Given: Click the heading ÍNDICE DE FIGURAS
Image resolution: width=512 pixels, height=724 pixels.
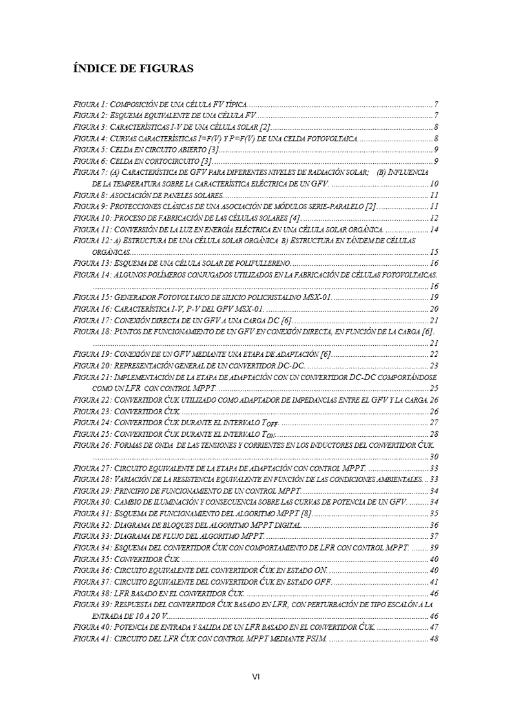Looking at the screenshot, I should [133, 68].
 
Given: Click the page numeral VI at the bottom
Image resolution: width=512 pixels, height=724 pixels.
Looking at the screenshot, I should [256, 676].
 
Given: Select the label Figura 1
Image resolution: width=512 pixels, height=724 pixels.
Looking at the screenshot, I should [89, 104].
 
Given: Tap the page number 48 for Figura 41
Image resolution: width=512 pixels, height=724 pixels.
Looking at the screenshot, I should [434, 639].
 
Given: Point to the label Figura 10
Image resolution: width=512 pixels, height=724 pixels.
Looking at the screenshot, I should [91, 218].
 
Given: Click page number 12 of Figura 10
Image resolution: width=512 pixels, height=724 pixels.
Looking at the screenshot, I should [434, 218].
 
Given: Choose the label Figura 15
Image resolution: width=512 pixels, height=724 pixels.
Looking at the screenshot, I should [91, 297].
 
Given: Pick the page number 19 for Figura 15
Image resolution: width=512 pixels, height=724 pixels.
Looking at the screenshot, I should [434, 297].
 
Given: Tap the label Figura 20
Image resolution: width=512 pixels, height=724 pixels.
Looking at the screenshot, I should [91, 366].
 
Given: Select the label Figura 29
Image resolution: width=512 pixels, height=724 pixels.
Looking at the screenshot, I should [91, 491].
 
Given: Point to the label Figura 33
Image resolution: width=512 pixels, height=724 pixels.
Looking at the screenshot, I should [91, 536].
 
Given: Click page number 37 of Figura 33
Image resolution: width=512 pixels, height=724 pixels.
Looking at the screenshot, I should [434, 536].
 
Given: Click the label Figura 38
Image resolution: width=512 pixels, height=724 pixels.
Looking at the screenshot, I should [91, 593].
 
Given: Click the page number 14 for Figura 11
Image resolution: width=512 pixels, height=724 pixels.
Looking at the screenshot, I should [434, 229].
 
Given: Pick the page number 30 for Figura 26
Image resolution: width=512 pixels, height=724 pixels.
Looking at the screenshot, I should [434, 457].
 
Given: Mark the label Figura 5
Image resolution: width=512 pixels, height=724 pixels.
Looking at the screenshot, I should [89, 150].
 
